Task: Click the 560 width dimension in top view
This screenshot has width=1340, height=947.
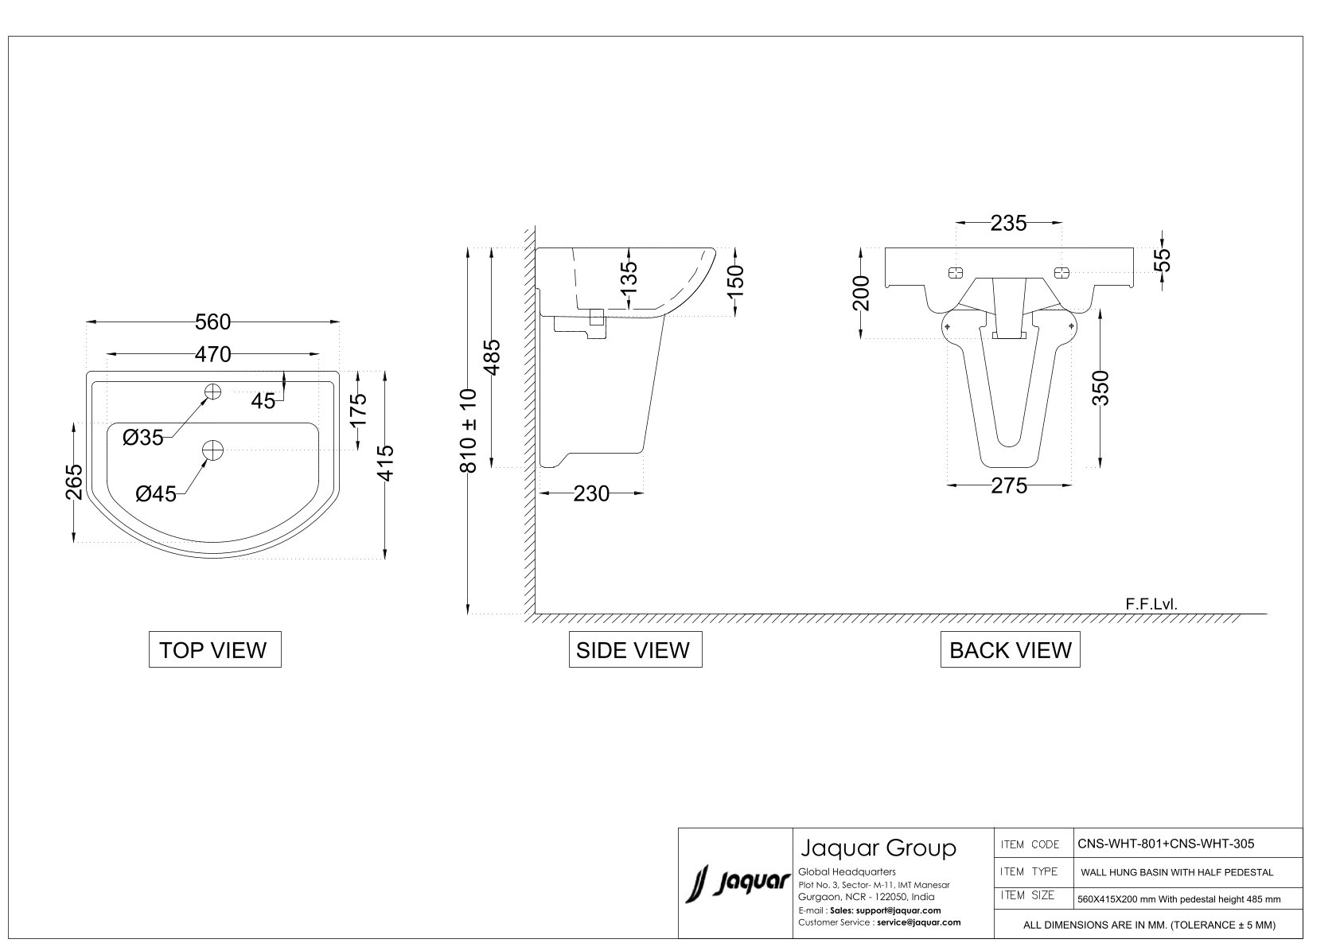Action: click(212, 322)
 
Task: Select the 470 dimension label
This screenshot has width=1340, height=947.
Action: click(213, 354)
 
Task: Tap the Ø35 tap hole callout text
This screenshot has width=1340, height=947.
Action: click(143, 438)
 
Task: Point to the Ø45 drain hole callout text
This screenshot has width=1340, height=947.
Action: click(156, 493)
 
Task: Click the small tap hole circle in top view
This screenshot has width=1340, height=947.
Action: click(213, 392)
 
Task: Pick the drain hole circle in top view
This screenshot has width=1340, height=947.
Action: click(213, 450)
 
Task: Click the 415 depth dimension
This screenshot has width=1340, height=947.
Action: click(386, 462)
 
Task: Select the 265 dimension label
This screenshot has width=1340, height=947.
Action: click(74, 481)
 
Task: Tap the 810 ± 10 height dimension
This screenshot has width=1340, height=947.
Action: click(469, 431)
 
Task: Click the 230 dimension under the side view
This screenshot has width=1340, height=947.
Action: click(591, 493)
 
